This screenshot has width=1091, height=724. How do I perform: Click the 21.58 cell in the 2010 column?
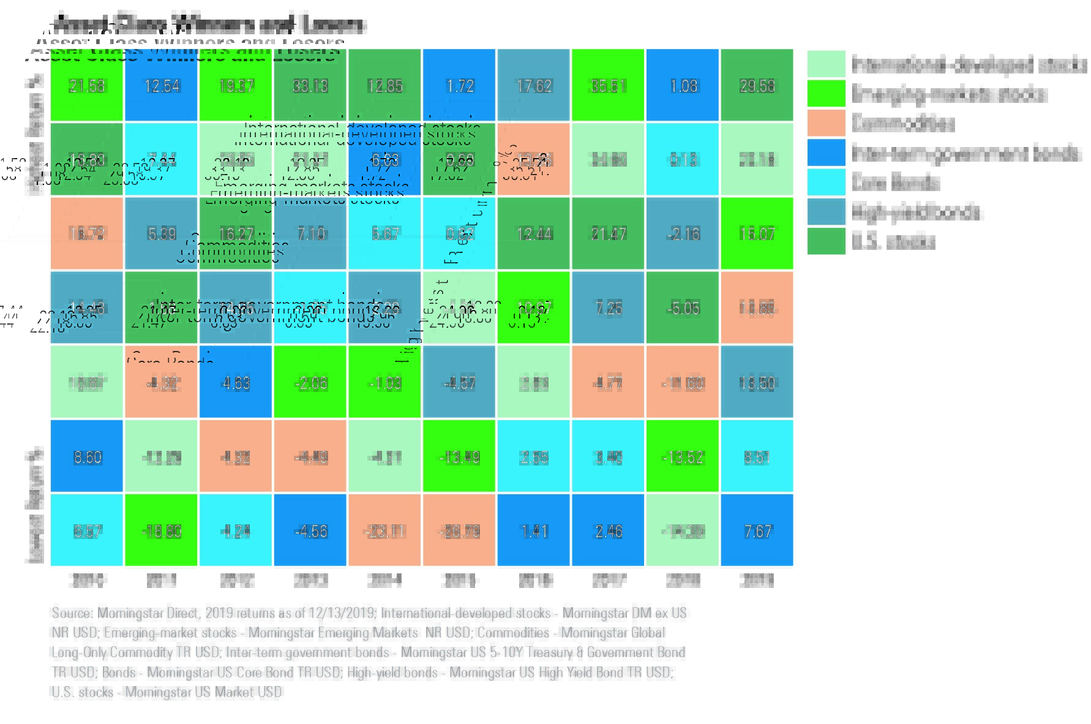87,86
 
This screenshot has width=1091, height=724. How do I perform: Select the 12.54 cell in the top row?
162,86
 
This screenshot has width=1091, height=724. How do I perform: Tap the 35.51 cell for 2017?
608,86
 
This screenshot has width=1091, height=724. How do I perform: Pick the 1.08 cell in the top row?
683,86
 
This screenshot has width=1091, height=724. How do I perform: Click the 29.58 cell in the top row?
757,86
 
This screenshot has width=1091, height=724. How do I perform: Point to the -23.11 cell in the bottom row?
385,531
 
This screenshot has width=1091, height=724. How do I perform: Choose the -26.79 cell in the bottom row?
459,531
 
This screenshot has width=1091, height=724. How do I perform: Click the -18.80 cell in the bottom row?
162,531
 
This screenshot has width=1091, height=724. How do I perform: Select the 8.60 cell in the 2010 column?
87,457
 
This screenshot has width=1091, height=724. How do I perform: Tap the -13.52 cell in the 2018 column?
683,457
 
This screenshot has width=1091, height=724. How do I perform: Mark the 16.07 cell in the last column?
757,234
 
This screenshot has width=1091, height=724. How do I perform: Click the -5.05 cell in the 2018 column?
683,308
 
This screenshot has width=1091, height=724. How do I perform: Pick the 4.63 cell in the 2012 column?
236,383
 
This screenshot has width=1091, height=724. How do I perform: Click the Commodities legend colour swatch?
826,123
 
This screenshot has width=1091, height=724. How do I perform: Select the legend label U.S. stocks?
893,242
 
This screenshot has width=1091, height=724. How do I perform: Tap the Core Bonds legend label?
895,183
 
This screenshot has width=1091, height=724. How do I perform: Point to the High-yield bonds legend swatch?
826,212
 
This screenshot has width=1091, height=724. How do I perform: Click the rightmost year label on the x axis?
757,580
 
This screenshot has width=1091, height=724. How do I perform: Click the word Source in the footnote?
72,613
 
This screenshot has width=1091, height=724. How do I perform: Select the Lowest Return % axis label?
35,506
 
